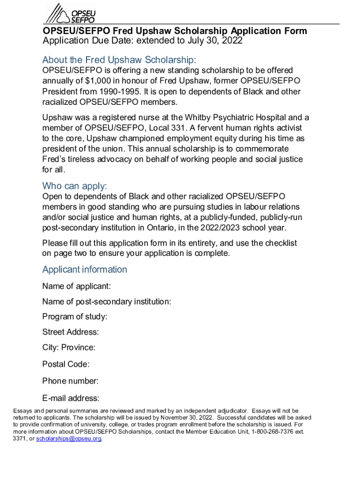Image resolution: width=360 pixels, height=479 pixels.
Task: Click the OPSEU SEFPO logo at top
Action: point(70,13)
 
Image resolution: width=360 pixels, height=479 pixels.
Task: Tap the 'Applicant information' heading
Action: point(85,269)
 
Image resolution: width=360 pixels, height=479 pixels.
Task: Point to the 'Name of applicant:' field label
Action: point(77,286)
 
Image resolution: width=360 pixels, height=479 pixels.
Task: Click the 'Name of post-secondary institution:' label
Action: point(107,302)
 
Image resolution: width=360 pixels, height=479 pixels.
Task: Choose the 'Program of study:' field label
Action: point(75,317)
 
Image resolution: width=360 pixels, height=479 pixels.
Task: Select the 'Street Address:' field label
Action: point(71,332)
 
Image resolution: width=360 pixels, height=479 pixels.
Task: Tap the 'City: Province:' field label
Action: point(69,348)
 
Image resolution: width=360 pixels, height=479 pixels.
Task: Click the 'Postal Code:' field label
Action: point(66,364)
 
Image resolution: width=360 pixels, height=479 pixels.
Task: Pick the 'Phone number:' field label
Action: point(70,381)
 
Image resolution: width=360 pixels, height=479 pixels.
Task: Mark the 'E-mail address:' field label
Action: point(71,399)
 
